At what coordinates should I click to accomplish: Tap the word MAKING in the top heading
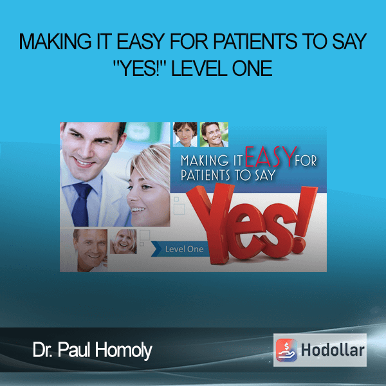click(55, 42)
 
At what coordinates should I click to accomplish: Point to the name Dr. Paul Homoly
click(92, 350)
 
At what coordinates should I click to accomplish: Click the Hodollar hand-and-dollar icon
click(286, 350)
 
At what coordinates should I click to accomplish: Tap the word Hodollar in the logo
click(333, 350)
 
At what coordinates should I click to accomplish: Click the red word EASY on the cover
click(270, 157)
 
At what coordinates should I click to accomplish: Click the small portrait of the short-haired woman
click(185, 134)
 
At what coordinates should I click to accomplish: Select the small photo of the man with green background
click(214, 134)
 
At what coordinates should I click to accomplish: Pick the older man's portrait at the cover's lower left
click(90, 250)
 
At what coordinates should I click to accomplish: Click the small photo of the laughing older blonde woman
click(123, 241)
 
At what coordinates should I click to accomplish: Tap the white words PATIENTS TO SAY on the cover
click(228, 175)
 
